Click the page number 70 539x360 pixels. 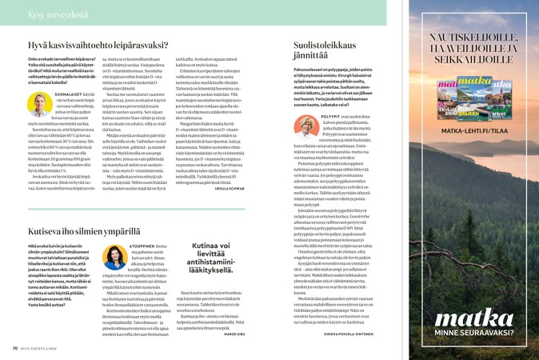15,348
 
